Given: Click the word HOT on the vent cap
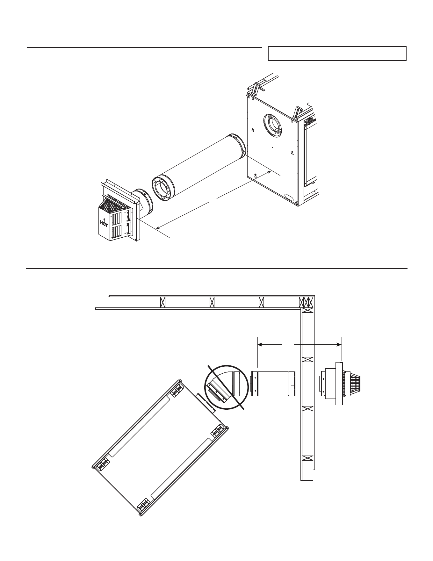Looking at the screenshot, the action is point(104,224).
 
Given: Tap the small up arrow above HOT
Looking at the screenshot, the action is point(104,219).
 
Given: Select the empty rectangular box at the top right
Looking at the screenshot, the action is point(337,54).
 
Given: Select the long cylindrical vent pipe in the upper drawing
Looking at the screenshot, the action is point(199,167).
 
